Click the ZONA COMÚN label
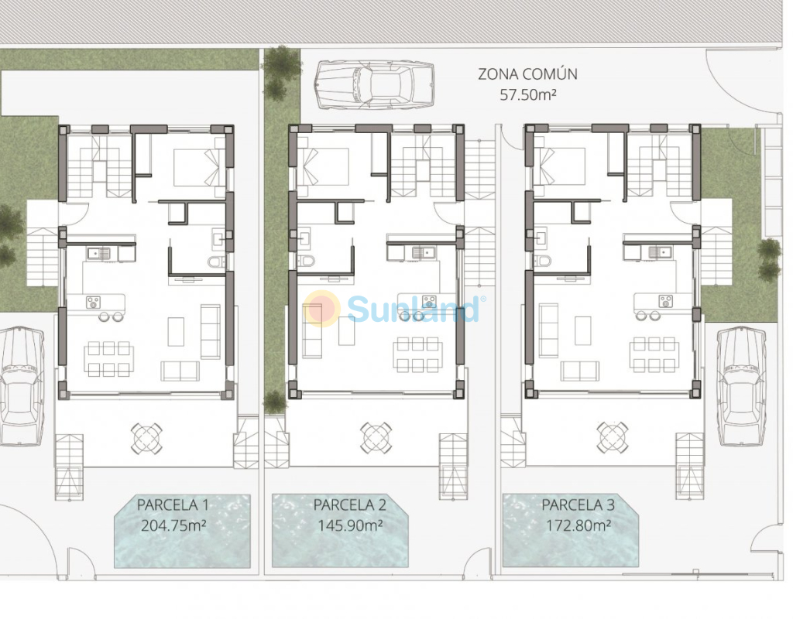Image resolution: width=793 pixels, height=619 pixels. (x=527, y=74)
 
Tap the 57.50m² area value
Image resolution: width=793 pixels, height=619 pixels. (x=528, y=94)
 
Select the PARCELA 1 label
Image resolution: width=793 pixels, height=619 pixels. (x=173, y=504)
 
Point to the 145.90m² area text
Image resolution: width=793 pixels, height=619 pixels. (x=349, y=525)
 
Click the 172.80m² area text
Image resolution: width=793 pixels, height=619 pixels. (x=578, y=525)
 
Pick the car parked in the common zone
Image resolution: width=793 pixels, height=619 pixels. (x=374, y=85)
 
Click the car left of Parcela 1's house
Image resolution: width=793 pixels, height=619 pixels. (x=21, y=387)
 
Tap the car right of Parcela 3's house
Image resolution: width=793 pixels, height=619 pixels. (x=739, y=387)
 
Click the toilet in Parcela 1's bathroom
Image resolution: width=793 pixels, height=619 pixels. (x=217, y=262)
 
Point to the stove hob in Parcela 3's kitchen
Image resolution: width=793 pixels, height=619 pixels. (x=665, y=302)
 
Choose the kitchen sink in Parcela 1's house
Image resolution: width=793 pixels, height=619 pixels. (x=98, y=253)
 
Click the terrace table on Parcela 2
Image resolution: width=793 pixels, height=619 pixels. (x=376, y=437)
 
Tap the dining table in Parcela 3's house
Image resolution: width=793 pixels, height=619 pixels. (x=654, y=354)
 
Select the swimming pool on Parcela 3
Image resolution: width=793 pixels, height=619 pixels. (x=570, y=530)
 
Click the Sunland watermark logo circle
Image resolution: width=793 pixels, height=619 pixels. (x=321, y=308)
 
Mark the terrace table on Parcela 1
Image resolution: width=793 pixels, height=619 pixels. (x=147, y=438)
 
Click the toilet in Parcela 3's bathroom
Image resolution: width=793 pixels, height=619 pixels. (x=544, y=261)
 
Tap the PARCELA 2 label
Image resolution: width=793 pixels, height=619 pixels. (x=349, y=504)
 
